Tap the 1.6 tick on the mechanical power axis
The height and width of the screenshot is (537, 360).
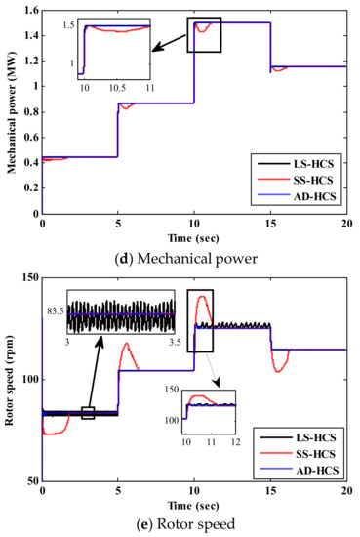(29, 10)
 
